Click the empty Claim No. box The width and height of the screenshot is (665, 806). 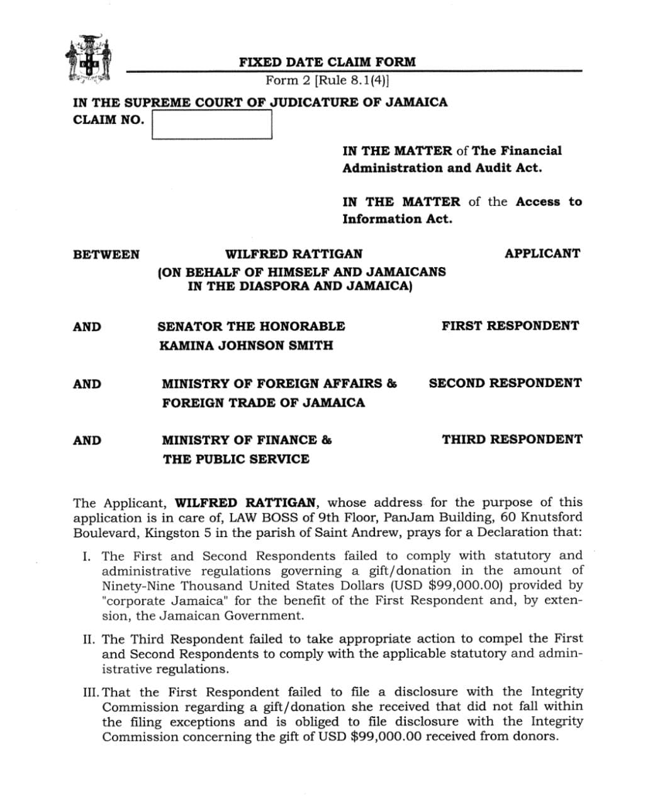point(212,125)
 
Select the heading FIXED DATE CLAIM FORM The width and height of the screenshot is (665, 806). point(327,62)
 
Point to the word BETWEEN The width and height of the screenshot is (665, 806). point(106,254)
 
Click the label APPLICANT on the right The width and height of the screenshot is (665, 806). point(542,253)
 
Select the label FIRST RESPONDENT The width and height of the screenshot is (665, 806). point(510,326)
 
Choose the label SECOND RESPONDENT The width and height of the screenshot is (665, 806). point(505,383)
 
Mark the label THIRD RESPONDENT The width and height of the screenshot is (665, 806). point(512,439)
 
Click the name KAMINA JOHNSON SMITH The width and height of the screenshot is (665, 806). point(246,345)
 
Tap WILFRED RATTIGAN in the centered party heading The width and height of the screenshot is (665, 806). point(294,254)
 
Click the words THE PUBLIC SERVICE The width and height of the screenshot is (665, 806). point(236,459)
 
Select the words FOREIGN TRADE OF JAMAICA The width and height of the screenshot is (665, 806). point(263,402)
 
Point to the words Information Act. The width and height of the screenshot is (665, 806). point(397,219)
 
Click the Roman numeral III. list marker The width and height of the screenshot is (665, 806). point(92,692)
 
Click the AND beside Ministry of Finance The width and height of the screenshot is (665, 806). point(87,440)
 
